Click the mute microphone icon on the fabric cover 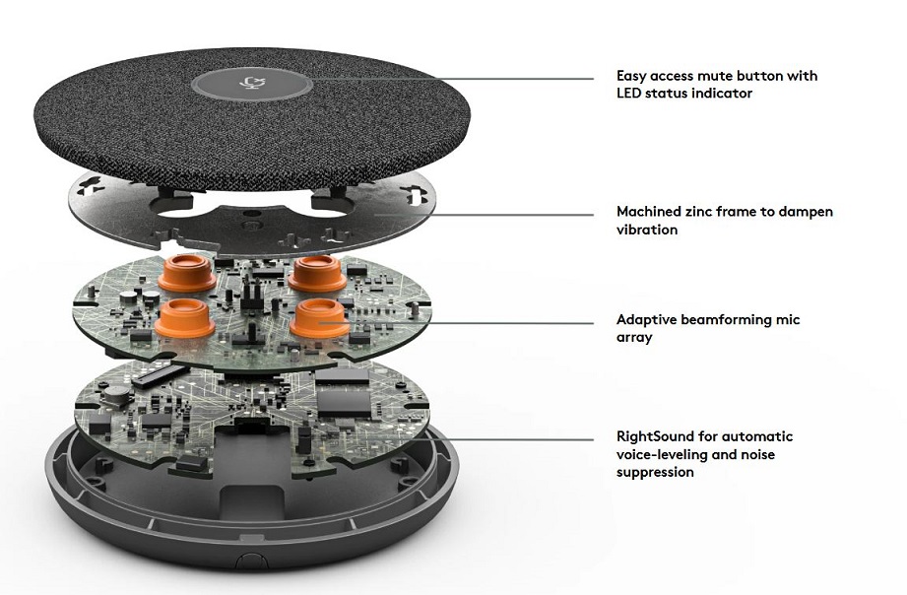coord(251,83)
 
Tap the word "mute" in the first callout coord(716,76)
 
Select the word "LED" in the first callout coord(629,94)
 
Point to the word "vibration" coord(647,230)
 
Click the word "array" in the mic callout coord(634,338)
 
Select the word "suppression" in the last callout coord(655,473)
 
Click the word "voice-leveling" coord(662,455)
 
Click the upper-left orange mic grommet coord(187,272)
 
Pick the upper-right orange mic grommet coord(317,273)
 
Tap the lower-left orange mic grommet coord(184,318)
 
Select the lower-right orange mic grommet coord(319,318)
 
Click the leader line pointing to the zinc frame coord(482,214)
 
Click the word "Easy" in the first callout coord(631,77)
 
